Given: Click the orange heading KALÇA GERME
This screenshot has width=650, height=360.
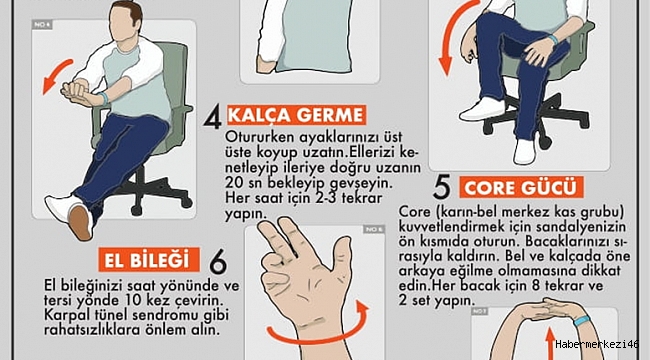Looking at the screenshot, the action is (296, 115).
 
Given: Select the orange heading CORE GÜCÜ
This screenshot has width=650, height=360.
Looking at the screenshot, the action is (521, 187).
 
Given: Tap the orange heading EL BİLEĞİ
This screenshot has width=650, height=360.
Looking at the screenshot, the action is (149, 260).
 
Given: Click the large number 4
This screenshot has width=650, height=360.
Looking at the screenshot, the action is (212, 117).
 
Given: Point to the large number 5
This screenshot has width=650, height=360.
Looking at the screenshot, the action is (441, 187).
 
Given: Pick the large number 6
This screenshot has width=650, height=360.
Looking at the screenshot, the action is (218, 261).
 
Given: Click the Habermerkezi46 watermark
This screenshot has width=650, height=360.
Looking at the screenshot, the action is (596, 344).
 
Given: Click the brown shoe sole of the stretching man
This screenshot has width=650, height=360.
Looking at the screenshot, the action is (80, 222).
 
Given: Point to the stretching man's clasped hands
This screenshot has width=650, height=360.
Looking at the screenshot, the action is (79, 91).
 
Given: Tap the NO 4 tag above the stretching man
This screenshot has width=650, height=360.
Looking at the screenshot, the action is (42, 25).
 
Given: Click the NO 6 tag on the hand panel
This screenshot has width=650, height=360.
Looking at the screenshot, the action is (374, 229).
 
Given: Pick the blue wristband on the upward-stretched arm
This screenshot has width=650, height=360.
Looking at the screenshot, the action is (583, 321).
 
